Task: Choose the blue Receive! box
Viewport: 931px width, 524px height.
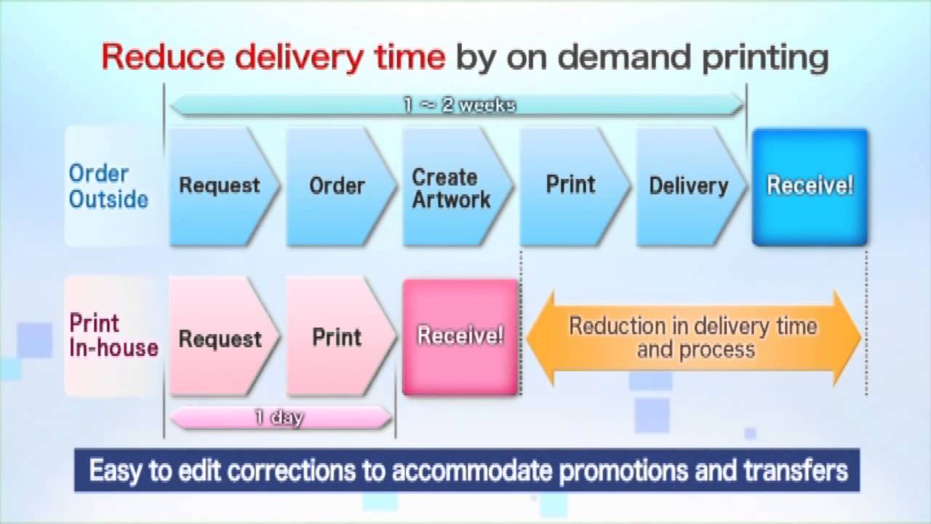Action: tap(810, 187)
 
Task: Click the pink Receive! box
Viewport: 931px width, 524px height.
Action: tap(460, 337)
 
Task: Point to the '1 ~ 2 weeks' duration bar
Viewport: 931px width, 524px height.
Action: tap(457, 106)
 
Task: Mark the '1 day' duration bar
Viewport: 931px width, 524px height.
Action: tap(281, 417)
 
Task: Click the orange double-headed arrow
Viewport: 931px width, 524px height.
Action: tap(694, 338)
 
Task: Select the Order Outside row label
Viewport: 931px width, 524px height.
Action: tap(108, 186)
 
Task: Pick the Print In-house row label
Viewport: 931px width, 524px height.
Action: tap(113, 336)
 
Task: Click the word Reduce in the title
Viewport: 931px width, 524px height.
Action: tap(164, 57)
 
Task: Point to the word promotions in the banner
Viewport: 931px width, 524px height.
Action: tap(623, 471)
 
